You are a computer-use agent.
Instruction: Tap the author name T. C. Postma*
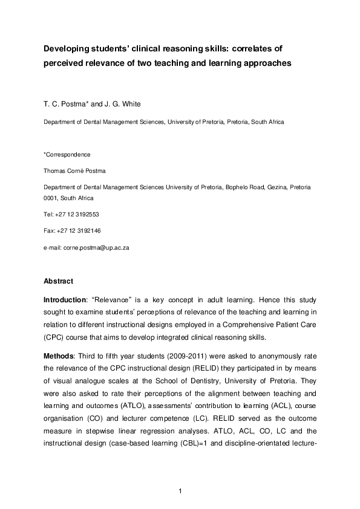(65, 104)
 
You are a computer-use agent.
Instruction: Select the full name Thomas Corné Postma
(74, 171)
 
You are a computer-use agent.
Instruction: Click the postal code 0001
(50, 198)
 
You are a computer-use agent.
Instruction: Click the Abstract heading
(58, 281)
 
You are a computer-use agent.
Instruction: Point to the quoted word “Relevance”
(110, 300)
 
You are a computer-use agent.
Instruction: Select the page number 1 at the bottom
(180, 491)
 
